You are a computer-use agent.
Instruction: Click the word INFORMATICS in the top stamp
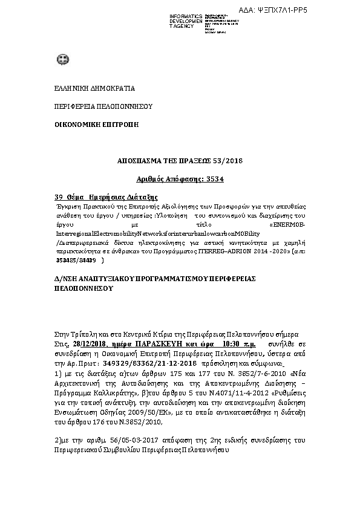tap(186, 16)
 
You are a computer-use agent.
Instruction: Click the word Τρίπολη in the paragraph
tap(83, 334)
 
